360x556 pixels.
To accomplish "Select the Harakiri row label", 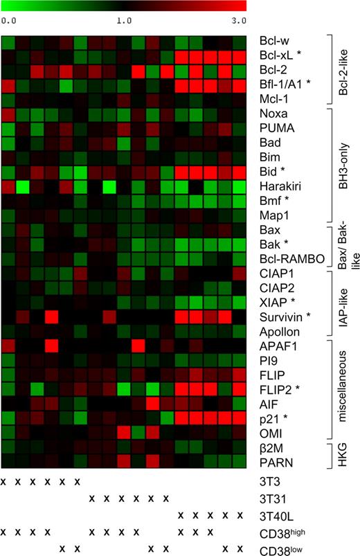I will coord(279,188).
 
